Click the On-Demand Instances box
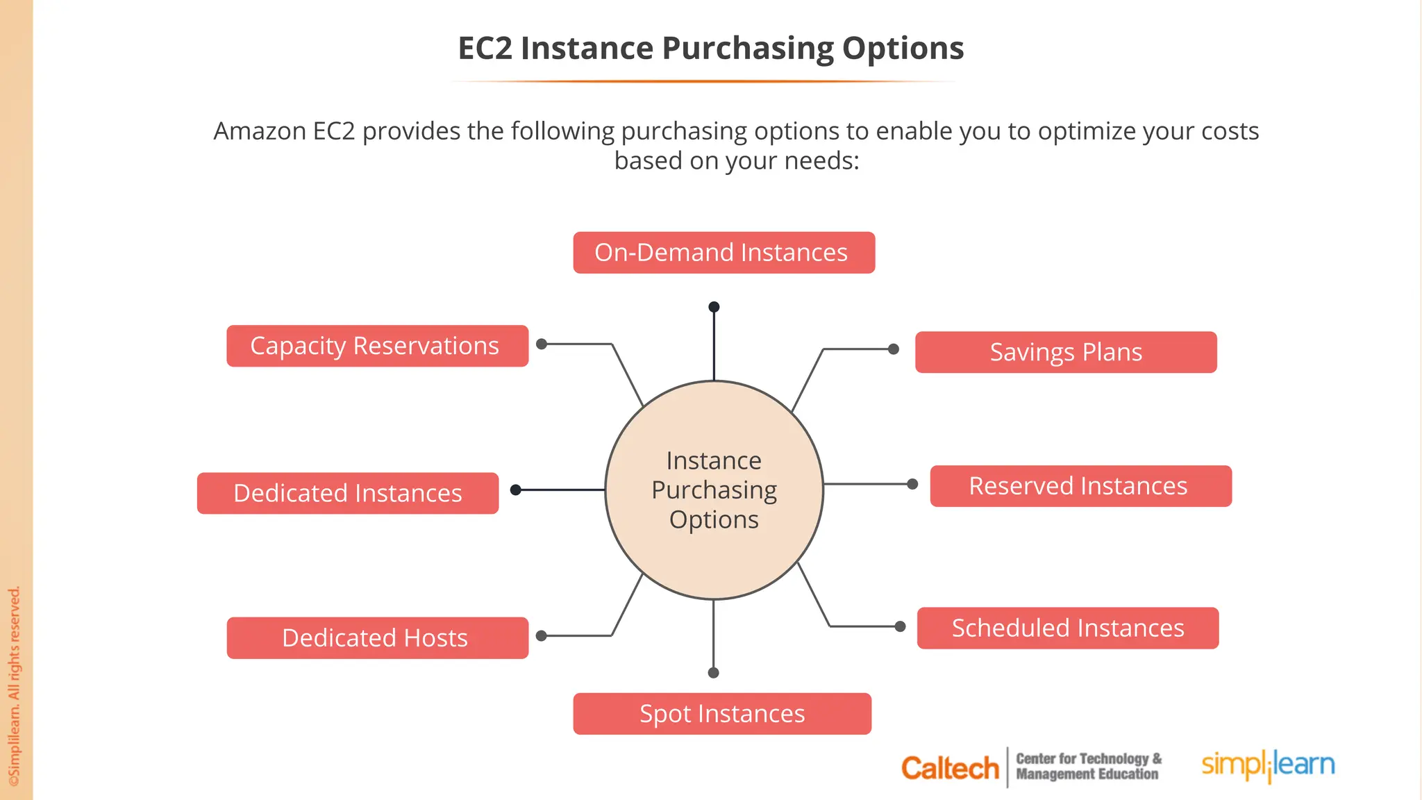pos(723,253)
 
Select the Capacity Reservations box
pos(377,346)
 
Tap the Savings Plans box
pos(1066,352)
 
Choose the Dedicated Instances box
pos(348,493)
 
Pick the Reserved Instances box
pos(1080,486)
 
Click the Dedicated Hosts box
pos(377,637)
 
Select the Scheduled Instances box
pos(1067,628)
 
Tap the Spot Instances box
pos(722,714)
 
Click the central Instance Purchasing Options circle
pos(714,490)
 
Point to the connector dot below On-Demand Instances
pos(714,307)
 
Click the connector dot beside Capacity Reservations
pos(542,344)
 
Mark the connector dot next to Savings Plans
pos(894,349)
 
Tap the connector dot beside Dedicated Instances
pos(515,490)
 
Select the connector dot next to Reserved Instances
pos(912,484)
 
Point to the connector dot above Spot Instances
pos(713,672)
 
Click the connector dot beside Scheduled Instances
pos(900,626)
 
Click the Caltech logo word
pos(949,768)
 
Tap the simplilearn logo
pos(1268,765)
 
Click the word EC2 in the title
pos(485,49)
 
